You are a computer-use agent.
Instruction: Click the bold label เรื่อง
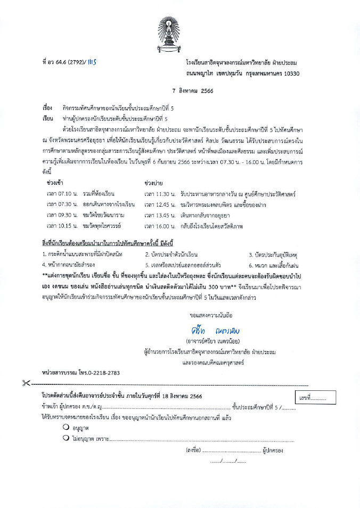click(x=47, y=108)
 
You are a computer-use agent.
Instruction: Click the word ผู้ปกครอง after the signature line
click(x=273, y=450)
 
